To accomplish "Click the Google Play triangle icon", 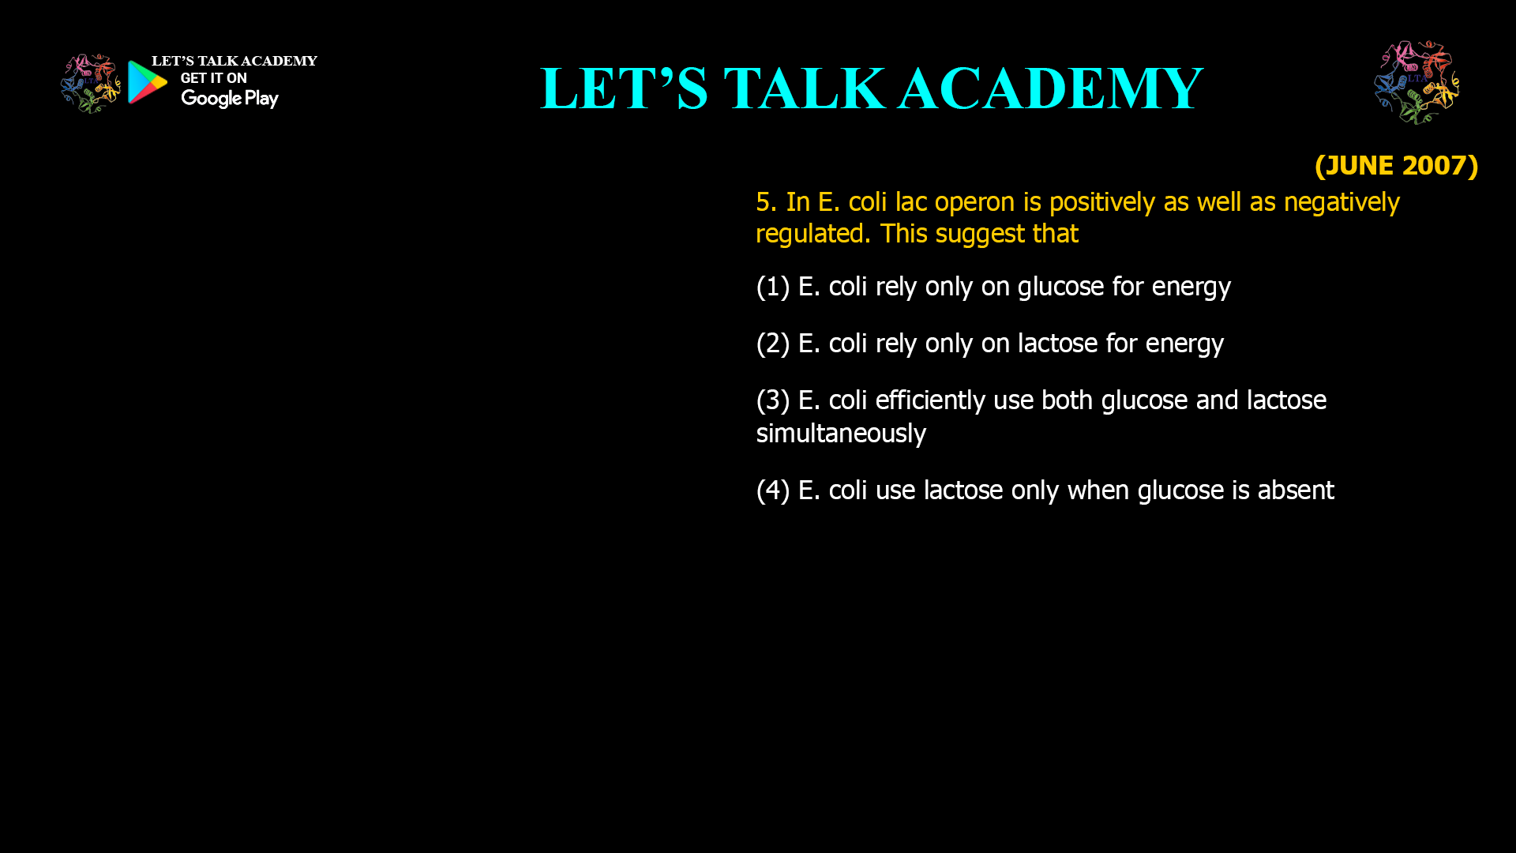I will pyautogui.click(x=147, y=82).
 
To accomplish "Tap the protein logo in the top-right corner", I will pyautogui.click(x=1417, y=82).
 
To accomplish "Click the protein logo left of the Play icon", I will pyautogui.click(x=90, y=83).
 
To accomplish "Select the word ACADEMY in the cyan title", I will pyautogui.click(x=1050, y=88).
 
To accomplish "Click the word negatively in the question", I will pyautogui.click(x=1342, y=202).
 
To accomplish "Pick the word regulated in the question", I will pyautogui.click(x=813, y=235).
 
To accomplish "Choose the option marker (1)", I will pyautogui.click(x=773, y=287).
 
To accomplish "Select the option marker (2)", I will pyautogui.click(x=773, y=344).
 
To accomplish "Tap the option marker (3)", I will pyautogui.click(x=773, y=400).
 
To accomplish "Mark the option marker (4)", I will pyautogui.click(x=773, y=490).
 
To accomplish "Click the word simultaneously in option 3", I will pyautogui.click(x=841, y=434).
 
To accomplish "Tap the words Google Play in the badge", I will pyautogui.click(x=229, y=99).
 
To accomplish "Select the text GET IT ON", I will pyautogui.click(x=213, y=78).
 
